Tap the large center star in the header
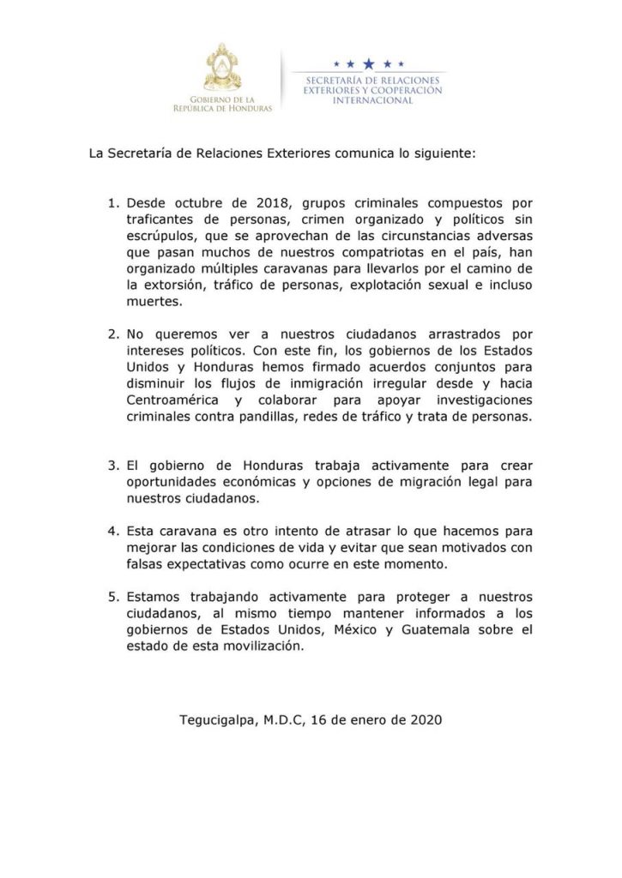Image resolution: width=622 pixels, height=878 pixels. coord(369,63)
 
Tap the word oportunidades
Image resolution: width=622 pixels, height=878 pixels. coord(174,483)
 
